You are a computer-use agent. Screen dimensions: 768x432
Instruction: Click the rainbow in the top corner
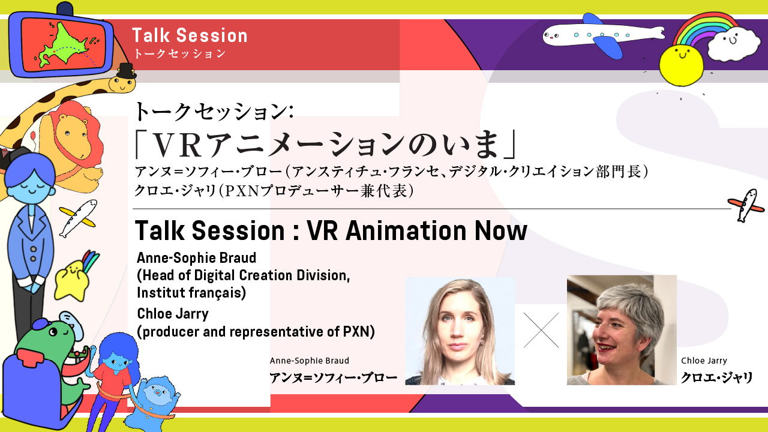click(706, 26)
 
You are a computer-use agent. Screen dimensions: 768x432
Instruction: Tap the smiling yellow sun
click(681, 65)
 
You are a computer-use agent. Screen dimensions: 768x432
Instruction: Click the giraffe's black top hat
click(126, 71)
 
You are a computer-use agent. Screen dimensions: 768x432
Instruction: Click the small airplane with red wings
click(748, 205)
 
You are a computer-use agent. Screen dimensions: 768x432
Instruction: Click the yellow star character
click(71, 280)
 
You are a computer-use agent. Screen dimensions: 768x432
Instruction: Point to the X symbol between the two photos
click(541, 330)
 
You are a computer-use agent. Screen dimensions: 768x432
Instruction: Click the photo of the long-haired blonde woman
click(460, 331)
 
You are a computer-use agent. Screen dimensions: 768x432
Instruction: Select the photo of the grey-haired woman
click(622, 330)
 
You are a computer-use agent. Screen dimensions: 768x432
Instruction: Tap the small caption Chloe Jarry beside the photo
click(704, 361)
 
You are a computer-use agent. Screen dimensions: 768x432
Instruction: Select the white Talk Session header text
click(190, 35)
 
